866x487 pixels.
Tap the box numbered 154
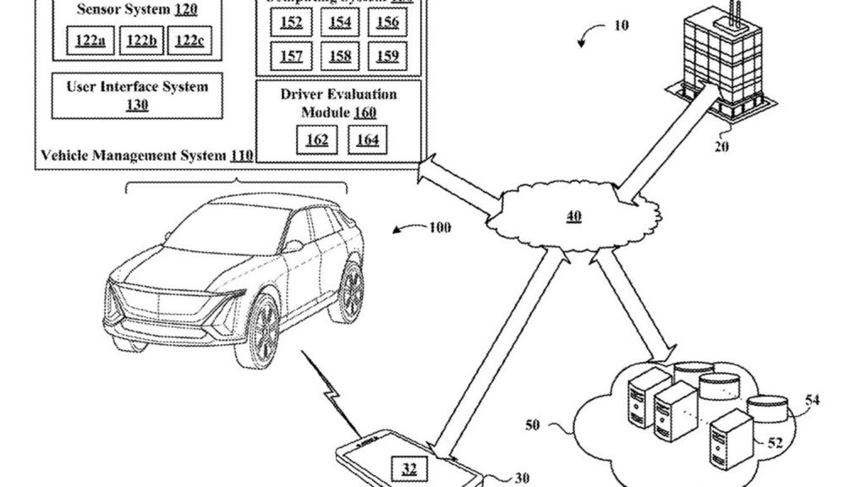(x=340, y=23)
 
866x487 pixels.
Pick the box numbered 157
(x=291, y=57)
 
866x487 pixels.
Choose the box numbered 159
(x=387, y=57)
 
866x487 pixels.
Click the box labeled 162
(x=316, y=140)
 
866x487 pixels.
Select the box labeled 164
(x=367, y=140)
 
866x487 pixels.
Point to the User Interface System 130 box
(x=137, y=96)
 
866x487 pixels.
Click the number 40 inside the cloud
(x=573, y=217)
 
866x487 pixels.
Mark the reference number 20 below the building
(x=721, y=145)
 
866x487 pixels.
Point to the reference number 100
(x=440, y=228)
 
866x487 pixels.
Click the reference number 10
(x=621, y=25)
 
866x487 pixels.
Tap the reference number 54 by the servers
(x=811, y=400)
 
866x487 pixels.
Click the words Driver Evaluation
(x=338, y=95)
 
